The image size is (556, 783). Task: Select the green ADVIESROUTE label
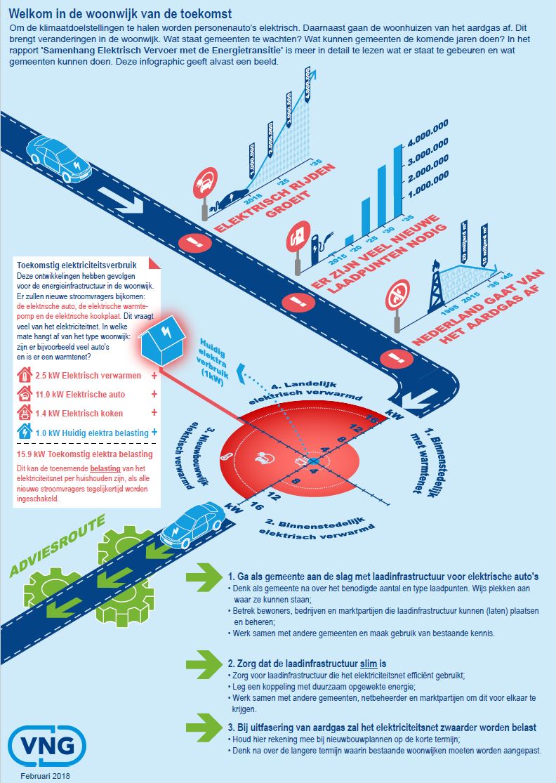pos(58,546)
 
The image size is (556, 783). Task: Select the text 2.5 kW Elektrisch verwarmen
pos(88,376)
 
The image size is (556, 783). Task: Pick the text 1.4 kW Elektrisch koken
pos(79,414)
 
